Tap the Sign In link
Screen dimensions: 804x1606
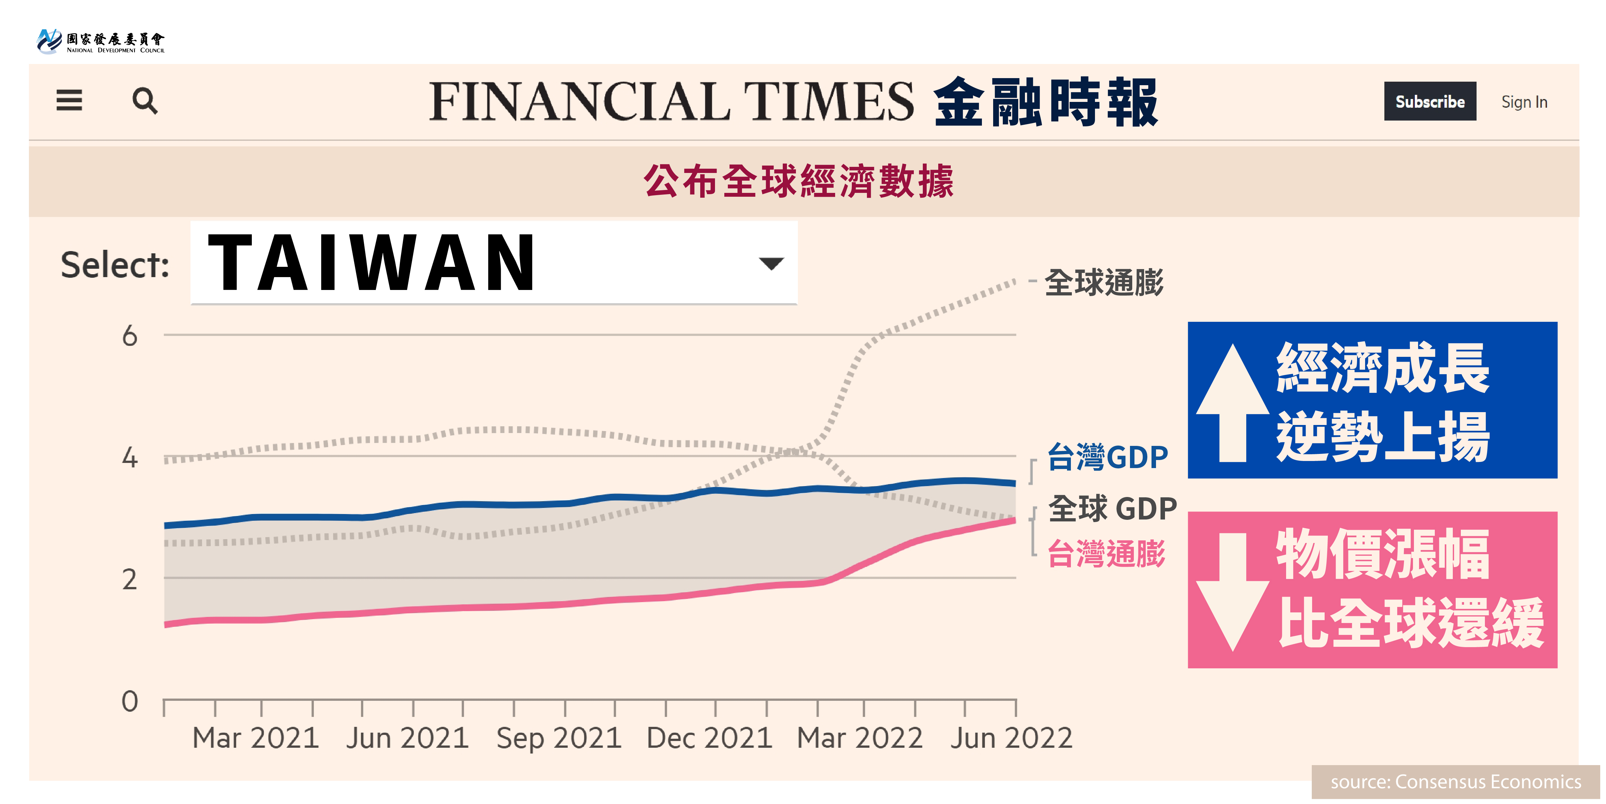pyautogui.click(x=1524, y=102)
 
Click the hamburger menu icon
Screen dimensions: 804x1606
pyautogui.click(x=69, y=100)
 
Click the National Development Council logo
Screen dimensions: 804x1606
pyautogui.click(x=100, y=41)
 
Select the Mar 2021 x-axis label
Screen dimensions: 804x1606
pyautogui.click(x=256, y=738)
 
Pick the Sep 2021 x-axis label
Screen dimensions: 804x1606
pyautogui.click(x=559, y=738)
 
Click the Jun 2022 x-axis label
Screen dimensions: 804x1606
pyautogui.click(x=1010, y=738)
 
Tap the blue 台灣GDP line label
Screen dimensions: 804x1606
pyautogui.click(x=1107, y=457)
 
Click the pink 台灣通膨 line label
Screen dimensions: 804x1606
pyautogui.click(x=1106, y=554)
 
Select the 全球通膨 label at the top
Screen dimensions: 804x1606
pyautogui.click(x=1104, y=283)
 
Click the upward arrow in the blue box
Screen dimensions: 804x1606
pyautogui.click(x=1232, y=402)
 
